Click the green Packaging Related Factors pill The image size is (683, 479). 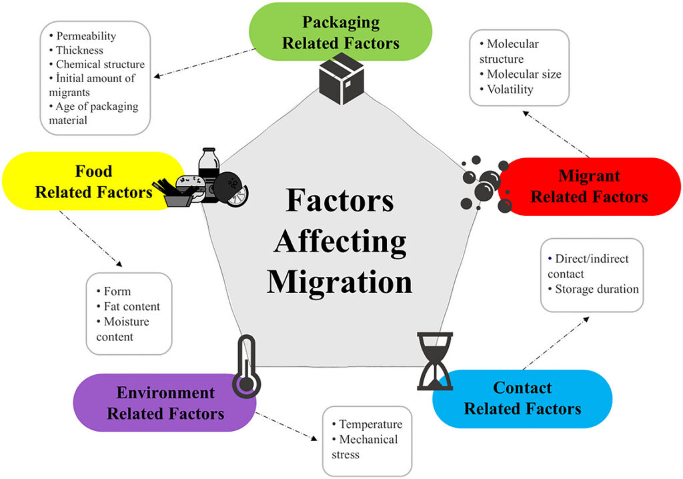click(340, 31)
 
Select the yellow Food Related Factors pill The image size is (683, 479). click(93, 181)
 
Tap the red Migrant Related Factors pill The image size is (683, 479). click(589, 187)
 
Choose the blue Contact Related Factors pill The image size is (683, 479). click(522, 398)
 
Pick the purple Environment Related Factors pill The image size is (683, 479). click(165, 403)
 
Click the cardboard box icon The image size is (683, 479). click(341, 79)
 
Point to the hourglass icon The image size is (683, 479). click(435, 362)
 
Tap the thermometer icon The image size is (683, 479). click(247, 366)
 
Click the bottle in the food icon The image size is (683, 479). click(209, 174)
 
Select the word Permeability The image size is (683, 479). click(86, 36)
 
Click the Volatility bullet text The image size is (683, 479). click(510, 89)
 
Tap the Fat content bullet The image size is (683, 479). click(132, 306)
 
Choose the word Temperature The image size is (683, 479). click(371, 424)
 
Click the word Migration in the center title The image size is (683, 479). click(339, 282)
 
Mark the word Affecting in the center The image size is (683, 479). click(340, 242)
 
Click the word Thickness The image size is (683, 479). click(80, 50)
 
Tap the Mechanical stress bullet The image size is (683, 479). click(365, 447)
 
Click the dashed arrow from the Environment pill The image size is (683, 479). click(287, 426)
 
